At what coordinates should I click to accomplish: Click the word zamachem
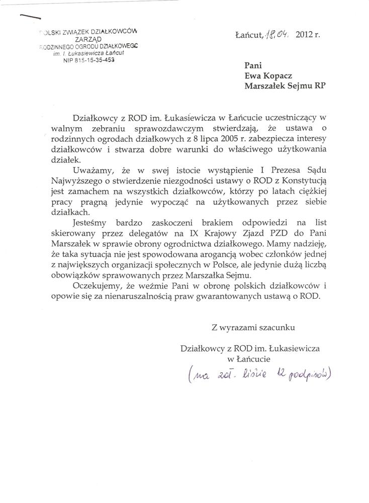point(82,191)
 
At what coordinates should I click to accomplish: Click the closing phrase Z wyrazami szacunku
point(254,327)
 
